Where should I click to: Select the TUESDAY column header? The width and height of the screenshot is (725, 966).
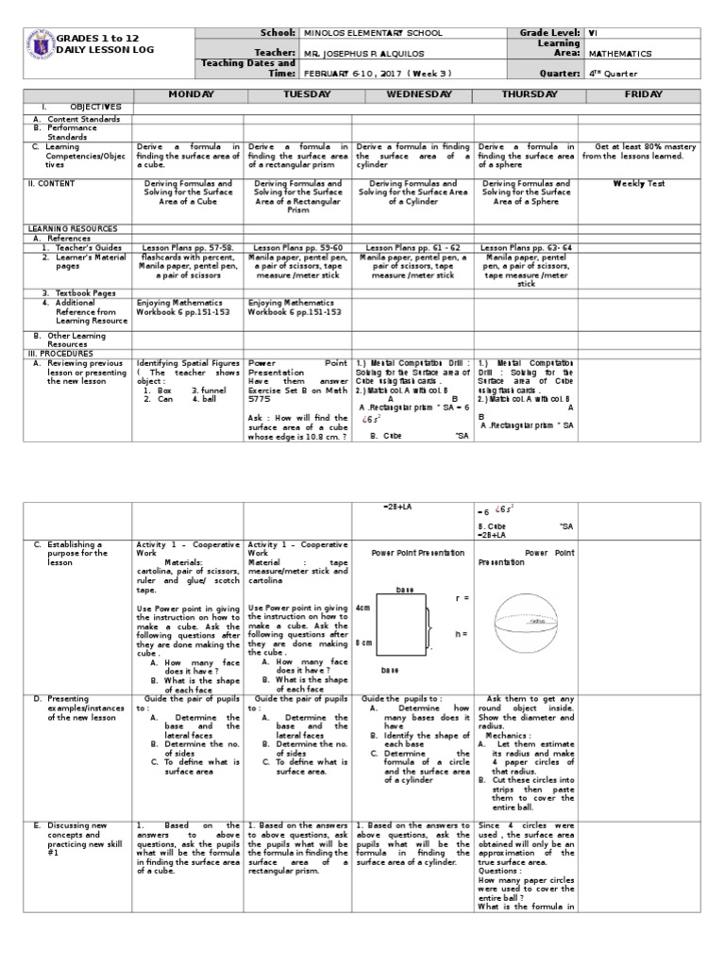click(298, 95)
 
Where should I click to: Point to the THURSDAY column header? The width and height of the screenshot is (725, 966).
click(526, 95)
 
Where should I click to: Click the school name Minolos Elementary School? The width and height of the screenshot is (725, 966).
click(373, 33)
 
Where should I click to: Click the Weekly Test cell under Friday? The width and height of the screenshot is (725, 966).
click(639, 184)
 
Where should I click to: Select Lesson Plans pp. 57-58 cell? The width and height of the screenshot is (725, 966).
click(189, 246)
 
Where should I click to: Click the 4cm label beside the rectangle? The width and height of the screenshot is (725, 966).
click(363, 609)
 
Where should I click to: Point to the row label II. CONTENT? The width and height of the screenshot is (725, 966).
click(52, 184)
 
